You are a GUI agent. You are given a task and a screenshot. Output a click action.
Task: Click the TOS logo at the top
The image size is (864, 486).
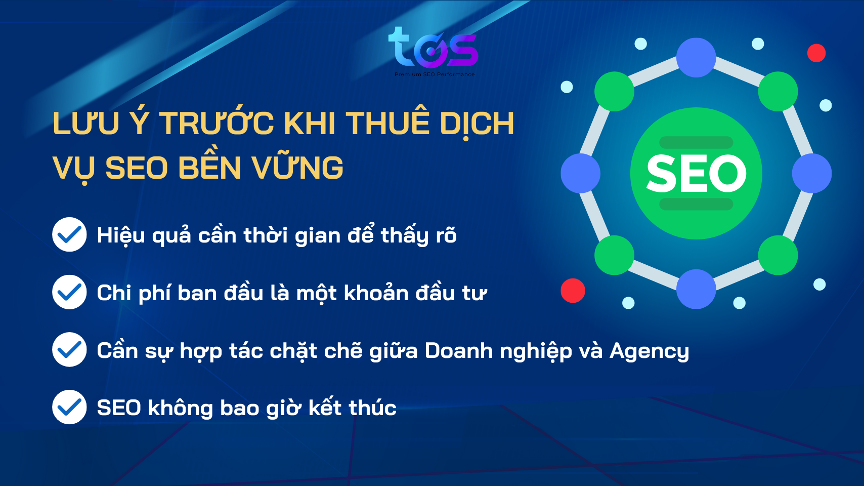click(433, 48)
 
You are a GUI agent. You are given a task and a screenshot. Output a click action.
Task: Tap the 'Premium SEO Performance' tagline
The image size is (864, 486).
click(435, 74)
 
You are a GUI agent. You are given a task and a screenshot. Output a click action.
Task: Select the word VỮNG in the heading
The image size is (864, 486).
click(298, 168)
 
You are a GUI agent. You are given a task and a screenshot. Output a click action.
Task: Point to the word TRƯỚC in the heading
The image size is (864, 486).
click(217, 124)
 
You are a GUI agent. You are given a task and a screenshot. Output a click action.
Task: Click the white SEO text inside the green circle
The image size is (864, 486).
click(696, 174)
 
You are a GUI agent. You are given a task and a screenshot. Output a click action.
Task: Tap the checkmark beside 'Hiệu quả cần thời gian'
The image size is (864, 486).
click(69, 234)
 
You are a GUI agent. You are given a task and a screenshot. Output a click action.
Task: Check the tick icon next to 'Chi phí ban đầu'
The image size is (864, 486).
click(69, 292)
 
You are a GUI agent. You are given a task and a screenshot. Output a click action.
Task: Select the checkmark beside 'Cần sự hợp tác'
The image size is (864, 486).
click(69, 349)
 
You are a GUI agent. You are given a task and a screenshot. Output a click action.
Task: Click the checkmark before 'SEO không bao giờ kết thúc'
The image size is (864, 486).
click(69, 407)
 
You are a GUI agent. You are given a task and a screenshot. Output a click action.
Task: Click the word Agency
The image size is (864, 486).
click(649, 351)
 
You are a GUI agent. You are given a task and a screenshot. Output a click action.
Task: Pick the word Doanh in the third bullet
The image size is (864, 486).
click(458, 351)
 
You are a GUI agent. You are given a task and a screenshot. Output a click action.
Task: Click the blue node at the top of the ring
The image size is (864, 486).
click(696, 58)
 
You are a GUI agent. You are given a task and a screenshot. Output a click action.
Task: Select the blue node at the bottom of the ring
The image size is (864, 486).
click(696, 289)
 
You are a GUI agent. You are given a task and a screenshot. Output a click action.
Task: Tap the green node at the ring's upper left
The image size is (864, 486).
click(614, 92)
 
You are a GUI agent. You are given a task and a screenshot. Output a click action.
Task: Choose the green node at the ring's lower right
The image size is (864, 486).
click(778, 255)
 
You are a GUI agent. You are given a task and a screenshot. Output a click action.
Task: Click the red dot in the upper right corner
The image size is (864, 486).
click(816, 53)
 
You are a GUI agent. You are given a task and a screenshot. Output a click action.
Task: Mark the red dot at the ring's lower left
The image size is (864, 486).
click(573, 291)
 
